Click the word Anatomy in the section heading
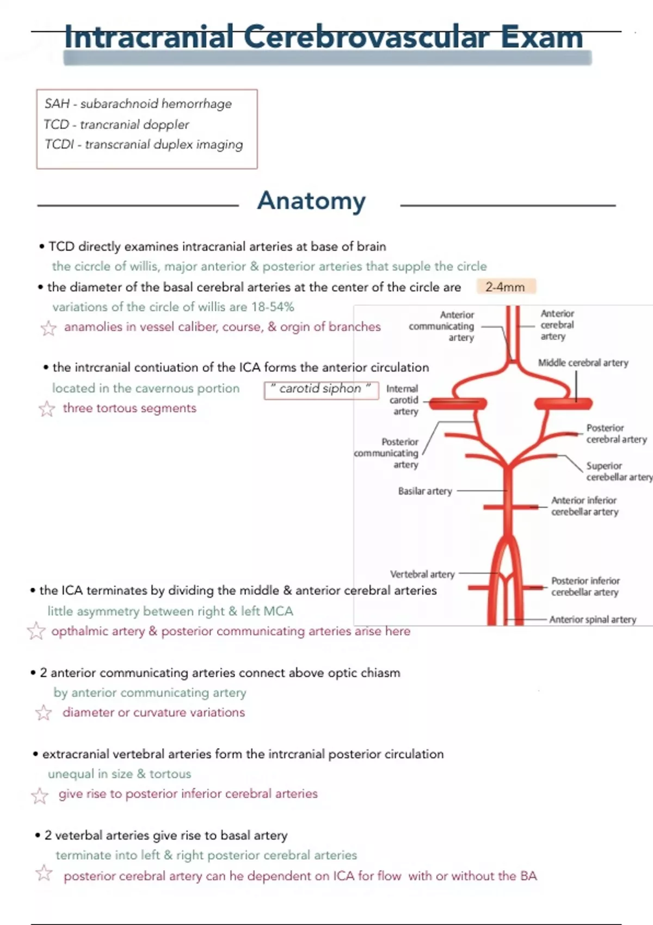pyautogui.click(x=311, y=201)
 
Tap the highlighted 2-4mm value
pyautogui.click(x=506, y=287)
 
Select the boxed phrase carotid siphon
pyautogui.click(x=321, y=389)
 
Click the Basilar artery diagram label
pyautogui.click(x=425, y=491)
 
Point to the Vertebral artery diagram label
pyautogui.click(x=422, y=574)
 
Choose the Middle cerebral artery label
pyautogui.click(x=583, y=363)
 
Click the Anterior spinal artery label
pyautogui.click(x=592, y=619)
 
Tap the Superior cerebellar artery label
pyautogui.click(x=619, y=471)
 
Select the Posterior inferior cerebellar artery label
pyautogui.click(x=585, y=587)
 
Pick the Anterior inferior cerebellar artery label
pyautogui.click(x=584, y=506)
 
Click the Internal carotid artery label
pyautogui.click(x=403, y=400)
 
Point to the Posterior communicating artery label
pyautogui.click(x=387, y=453)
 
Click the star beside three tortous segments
pyautogui.click(x=47, y=409)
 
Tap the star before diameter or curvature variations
pyautogui.click(x=44, y=713)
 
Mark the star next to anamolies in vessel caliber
pyautogui.click(x=48, y=328)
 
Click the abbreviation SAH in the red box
pyautogui.click(x=57, y=104)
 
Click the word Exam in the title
pyautogui.click(x=541, y=38)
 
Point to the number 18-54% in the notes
pyautogui.click(x=273, y=307)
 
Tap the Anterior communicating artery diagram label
pyautogui.click(x=442, y=326)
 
